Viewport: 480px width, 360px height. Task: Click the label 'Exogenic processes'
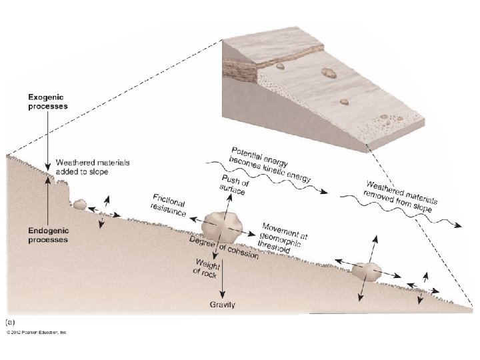click(47, 101)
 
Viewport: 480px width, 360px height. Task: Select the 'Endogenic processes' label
click(47, 235)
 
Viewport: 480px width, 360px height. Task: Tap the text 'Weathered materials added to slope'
click(93, 167)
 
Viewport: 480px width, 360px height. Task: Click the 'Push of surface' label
click(233, 186)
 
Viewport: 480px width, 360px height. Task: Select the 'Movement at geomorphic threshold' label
click(283, 237)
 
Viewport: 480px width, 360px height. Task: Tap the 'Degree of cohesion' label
click(223, 248)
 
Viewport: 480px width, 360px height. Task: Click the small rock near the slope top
click(80, 204)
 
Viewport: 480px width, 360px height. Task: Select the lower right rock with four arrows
click(366, 271)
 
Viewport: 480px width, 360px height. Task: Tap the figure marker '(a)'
click(11, 322)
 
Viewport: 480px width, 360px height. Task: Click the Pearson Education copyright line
click(37, 331)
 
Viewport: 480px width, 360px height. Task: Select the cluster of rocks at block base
click(383, 123)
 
